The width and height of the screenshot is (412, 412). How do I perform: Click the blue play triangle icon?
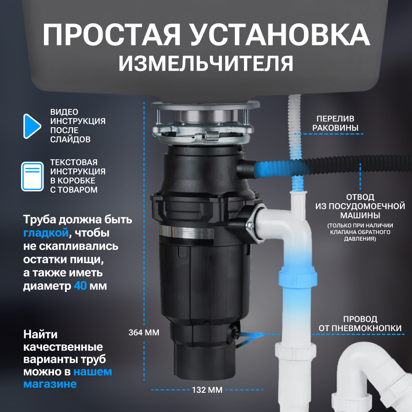(x=31, y=126)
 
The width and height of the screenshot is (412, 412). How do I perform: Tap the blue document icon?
(x=33, y=176)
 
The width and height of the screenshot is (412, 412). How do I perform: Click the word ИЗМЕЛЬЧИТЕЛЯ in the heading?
(x=206, y=64)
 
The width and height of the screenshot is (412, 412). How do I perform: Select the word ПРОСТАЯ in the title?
(x=112, y=35)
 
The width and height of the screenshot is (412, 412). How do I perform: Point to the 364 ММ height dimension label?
(x=144, y=332)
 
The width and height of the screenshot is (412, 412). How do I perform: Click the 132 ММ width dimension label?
(x=207, y=390)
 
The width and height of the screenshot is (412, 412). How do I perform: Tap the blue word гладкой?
(x=46, y=233)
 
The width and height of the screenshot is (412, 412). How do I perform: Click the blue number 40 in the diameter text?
(x=80, y=286)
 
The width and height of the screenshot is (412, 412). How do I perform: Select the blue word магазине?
(x=50, y=384)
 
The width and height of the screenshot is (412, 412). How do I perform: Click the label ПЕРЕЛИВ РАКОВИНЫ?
(x=335, y=123)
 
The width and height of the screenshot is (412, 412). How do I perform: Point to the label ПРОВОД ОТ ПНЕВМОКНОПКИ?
(x=360, y=324)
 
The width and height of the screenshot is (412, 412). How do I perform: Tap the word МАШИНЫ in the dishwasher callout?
(x=360, y=216)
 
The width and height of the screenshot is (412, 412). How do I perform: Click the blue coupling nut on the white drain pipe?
(x=298, y=278)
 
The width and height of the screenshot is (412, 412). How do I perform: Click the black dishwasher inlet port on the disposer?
(x=246, y=169)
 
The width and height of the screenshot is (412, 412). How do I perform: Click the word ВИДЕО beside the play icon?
(x=64, y=112)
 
